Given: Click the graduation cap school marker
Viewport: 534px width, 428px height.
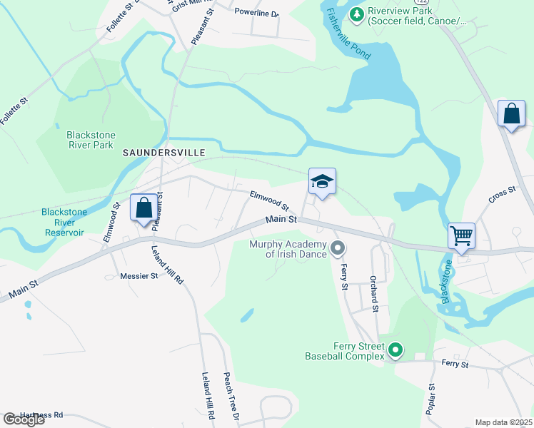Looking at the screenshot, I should pyautogui.click(x=322, y=183).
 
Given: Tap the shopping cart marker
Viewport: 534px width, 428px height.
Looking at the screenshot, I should pyautogui.click(x=462, y=235).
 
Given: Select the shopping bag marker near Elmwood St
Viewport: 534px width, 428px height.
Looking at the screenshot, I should pyautogui.click(x=143, y=208).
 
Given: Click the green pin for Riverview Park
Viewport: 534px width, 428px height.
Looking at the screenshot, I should pyautogui.click(x=356, y=13).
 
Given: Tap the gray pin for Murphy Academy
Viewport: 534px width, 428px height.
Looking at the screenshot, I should pyautogui.click(x=338, y=248).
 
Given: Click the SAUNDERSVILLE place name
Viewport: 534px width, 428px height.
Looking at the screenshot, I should pyautogui.click(x=164, y=153).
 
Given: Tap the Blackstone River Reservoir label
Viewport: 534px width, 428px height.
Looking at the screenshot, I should pyautogui.click(x=63, y=223).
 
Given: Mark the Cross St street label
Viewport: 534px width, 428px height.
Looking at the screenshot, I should pyautogui.click(x=502, y=195).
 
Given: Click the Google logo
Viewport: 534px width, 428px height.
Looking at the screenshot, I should pyautogui.click(x=24, y=419).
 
